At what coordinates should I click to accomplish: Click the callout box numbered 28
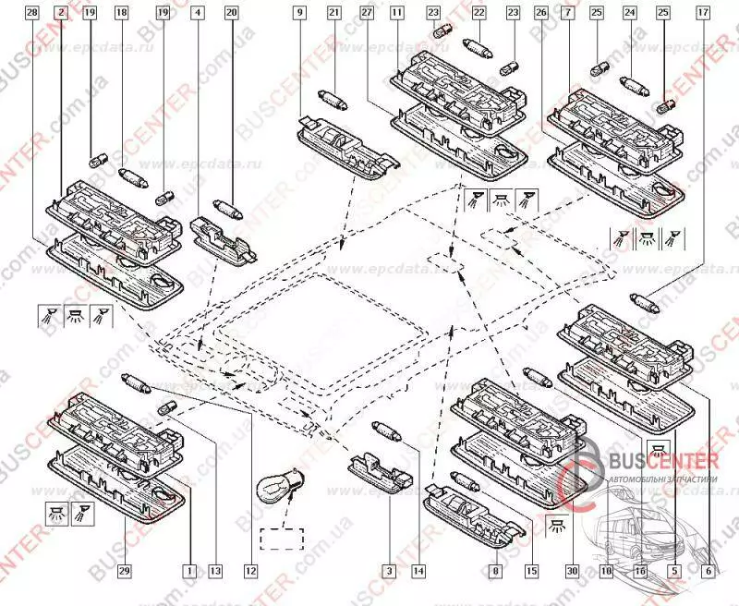(33, 14)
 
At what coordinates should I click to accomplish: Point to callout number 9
(300, 14)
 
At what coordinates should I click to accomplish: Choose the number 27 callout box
(367, 14)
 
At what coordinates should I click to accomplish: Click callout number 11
(396, 14)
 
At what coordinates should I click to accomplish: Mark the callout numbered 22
(479, 14)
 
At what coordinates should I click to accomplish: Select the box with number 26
(540, 14)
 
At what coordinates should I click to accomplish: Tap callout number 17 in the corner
(704, 14)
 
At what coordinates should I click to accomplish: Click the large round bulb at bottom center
(275, 486)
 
